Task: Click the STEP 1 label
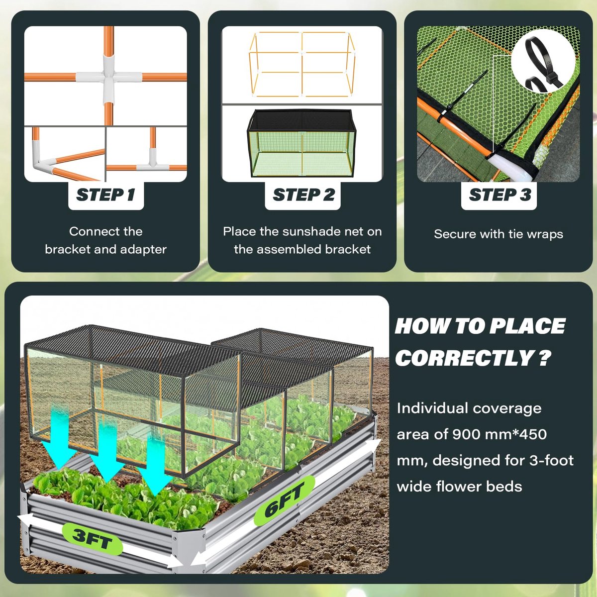[x=105, y=195]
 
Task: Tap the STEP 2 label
[x=303, y=195]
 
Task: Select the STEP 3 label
[x=499, y=195]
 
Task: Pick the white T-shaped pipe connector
[x=152, y=162]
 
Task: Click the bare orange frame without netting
[x=301, y=64]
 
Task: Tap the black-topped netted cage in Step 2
[x=301, y=143]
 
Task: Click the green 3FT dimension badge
[x=92, y=539]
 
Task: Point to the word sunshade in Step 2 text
[x=312, y=232]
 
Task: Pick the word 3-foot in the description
[x=551, y=460]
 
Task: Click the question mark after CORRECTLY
[x=544, y=358]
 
